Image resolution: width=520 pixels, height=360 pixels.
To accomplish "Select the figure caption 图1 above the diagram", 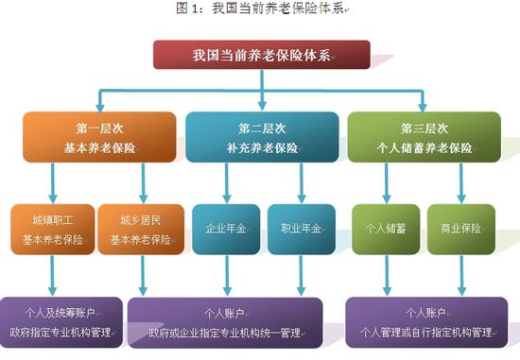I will tap(259, 9).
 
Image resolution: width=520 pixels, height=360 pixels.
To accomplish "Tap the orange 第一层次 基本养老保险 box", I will tap(99, 137).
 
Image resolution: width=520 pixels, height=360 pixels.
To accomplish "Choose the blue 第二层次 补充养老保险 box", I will tap(262, 137).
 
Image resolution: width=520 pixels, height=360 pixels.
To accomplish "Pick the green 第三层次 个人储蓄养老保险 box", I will tap(424, 137).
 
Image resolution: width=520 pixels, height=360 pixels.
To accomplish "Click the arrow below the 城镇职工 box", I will tap(53, 276).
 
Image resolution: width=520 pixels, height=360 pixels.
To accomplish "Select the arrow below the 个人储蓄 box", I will tap(386, 276).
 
